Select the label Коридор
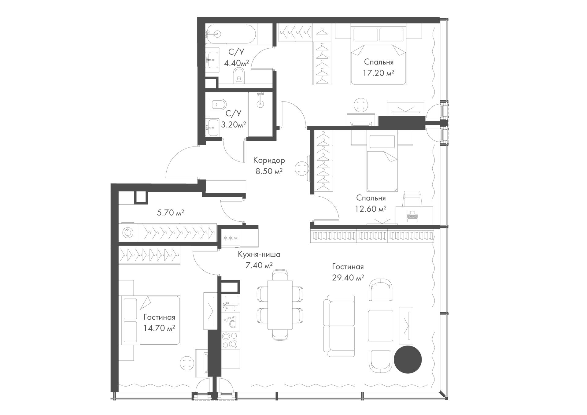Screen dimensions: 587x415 (269, 160)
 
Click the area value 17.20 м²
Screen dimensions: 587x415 (378, 73)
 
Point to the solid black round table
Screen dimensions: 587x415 (408, 360)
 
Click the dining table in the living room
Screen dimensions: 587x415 (280, 305)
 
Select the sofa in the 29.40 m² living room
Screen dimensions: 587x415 (339, 325)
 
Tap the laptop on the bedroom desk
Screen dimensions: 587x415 (413, 216)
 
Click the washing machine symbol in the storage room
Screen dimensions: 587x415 (126, 233)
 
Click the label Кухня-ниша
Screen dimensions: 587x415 (259, 254)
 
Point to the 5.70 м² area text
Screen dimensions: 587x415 (171, 212)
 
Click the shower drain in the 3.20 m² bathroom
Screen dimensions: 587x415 (260, 104)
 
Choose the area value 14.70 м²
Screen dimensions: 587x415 (159, 328)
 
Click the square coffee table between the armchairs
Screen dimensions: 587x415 (381, 325)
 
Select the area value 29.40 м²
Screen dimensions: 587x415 (348, 278)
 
